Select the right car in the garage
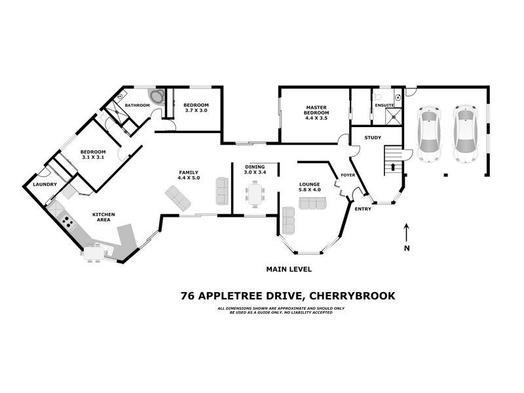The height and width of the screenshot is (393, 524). [x=466, y=134]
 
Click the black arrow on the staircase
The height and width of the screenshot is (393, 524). [x=393, y=167]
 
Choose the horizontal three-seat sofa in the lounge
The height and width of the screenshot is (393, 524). [x=312, y=204]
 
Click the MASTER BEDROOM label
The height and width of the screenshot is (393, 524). [x=316, y=110]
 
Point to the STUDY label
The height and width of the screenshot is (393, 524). [x=373, y=138]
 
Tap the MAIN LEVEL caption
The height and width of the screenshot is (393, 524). [x=288, y=269]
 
